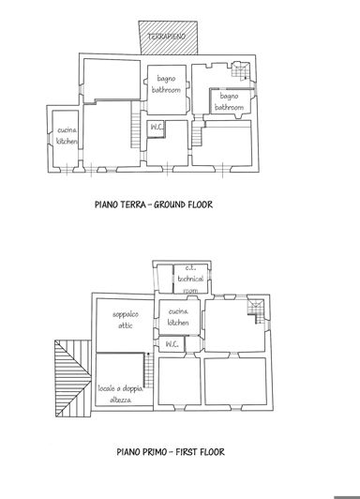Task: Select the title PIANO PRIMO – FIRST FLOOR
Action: (158, 452)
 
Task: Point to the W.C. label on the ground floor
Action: (157, 129)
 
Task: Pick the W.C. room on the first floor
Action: (172, 345)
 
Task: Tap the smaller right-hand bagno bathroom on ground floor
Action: (229, 102)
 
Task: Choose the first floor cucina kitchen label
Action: (178, 317)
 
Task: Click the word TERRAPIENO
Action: (165, 34)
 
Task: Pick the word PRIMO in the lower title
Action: (153, 452)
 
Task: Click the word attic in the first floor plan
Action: (125, 325)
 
